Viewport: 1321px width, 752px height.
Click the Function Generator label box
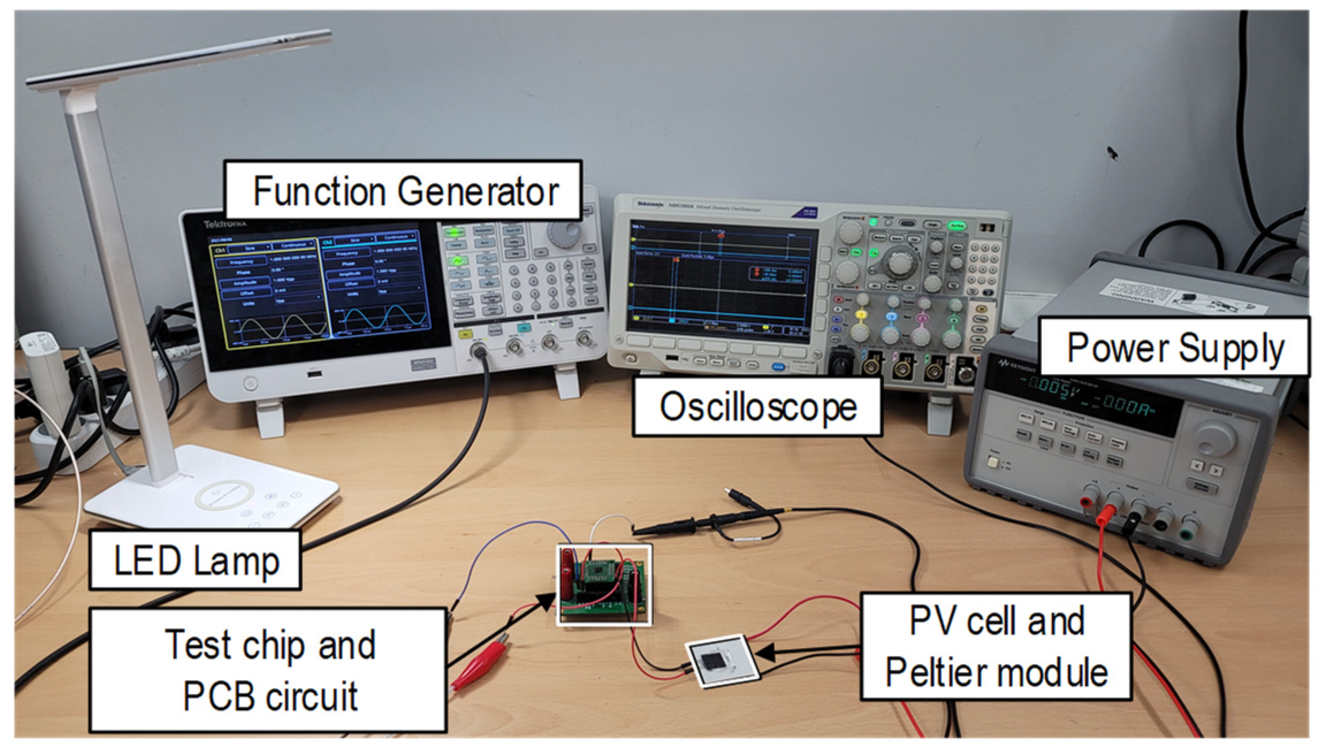(403, 191)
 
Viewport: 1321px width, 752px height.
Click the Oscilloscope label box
(757, 407)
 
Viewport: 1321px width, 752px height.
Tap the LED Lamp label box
(196, 560)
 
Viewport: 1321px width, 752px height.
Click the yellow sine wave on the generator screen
(283, 328)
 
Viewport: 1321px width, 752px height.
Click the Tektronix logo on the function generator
(225, 224)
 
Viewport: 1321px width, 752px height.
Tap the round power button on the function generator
(250, 383)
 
